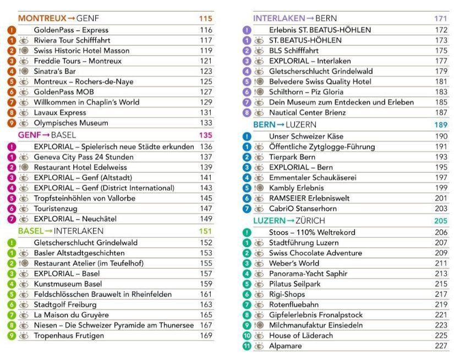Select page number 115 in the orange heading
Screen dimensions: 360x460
point(205,19)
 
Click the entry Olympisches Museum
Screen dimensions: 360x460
point(71,123)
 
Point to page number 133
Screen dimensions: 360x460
point(206,123)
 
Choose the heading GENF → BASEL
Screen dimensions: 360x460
point(47,135)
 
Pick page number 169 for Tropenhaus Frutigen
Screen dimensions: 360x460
point(206,335)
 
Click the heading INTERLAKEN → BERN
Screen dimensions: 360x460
point(295,19)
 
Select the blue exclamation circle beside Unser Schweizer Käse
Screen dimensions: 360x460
point(247,137)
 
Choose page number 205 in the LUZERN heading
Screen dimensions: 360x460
point(441,221)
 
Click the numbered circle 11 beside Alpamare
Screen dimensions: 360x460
point(247,347)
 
